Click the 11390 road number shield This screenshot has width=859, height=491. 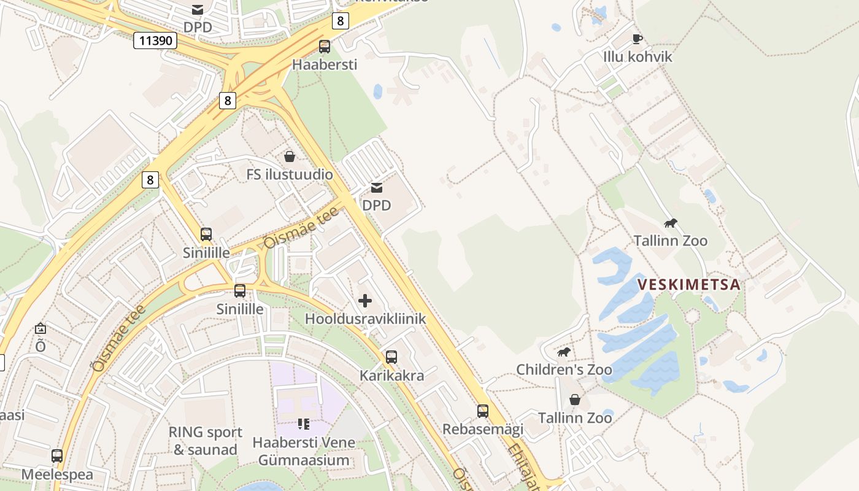155,41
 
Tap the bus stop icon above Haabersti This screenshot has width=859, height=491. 324,47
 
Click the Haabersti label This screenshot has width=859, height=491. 324,64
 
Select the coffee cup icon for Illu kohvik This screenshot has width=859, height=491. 638,39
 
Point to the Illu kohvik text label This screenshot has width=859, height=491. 638,57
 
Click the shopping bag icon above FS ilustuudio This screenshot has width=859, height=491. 290,157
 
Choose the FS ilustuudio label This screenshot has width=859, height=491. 290,174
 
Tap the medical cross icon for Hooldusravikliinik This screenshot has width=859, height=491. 365,301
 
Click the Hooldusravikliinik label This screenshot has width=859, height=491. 365,319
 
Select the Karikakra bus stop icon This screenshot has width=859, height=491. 391,357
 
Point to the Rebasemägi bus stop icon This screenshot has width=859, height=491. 483,411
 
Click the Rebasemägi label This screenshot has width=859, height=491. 483,429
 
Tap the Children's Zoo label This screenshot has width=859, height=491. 564,369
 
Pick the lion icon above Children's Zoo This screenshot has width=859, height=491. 564,352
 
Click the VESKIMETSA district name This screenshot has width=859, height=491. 688,285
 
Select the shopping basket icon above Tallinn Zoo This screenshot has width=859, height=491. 575,400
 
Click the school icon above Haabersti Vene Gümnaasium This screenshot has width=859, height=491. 303,424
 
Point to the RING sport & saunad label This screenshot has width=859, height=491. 205,441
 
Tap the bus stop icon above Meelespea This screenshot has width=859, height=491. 57,456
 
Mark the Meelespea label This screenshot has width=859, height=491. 57,474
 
